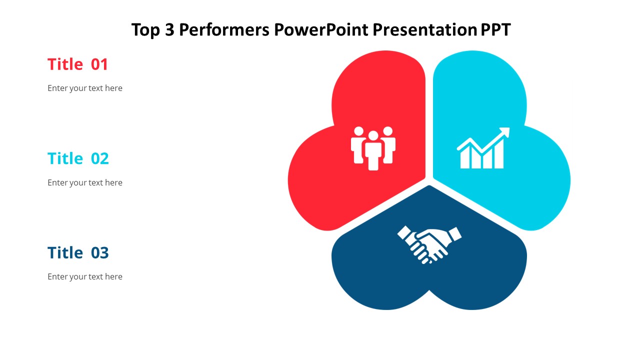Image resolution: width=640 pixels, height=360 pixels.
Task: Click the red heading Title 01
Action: coord(77,64)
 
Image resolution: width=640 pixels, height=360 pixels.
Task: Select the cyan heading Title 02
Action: coord(78,158)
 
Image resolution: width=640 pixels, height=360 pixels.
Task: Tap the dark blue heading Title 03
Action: coord(78,253)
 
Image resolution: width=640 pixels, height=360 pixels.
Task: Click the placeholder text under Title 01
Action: coord(85,88)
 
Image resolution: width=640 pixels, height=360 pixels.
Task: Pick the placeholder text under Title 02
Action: coord(85,182)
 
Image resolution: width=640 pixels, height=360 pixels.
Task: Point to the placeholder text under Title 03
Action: coord(85,276)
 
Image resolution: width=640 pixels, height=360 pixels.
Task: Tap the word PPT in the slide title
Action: coord(495,30)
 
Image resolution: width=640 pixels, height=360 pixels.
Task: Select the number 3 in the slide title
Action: coord(168,30)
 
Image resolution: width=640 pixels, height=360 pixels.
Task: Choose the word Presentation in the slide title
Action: coord(426,30)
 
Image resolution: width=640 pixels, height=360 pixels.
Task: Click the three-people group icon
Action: coord(373,148)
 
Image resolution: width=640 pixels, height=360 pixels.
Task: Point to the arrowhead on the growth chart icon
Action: coord(505,132)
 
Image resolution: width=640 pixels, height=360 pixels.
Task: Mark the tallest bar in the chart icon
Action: coord(498,155)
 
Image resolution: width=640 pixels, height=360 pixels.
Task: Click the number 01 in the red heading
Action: coord(99,64)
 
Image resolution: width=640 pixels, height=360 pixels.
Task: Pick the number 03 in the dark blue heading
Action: coord(99,253)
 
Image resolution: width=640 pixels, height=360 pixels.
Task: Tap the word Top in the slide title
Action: coord(146,30)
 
